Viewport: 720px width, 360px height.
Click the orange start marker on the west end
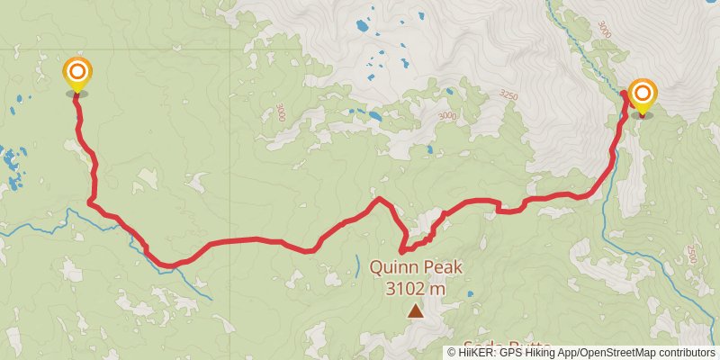click(x=77, y=72)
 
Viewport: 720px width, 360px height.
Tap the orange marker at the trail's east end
click(x=642, y=94)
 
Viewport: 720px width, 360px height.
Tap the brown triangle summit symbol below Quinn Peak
click(x=415, y=311)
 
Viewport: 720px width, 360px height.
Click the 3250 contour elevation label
click(x=508, y=94)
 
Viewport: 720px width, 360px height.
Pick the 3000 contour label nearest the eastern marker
click(x=603, y=28)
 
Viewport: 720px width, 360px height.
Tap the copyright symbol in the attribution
click(x=452, y=353)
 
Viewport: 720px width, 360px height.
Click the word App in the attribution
click(x=570, y=353)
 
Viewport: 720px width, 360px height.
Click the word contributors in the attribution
click(x=687, y=353)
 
